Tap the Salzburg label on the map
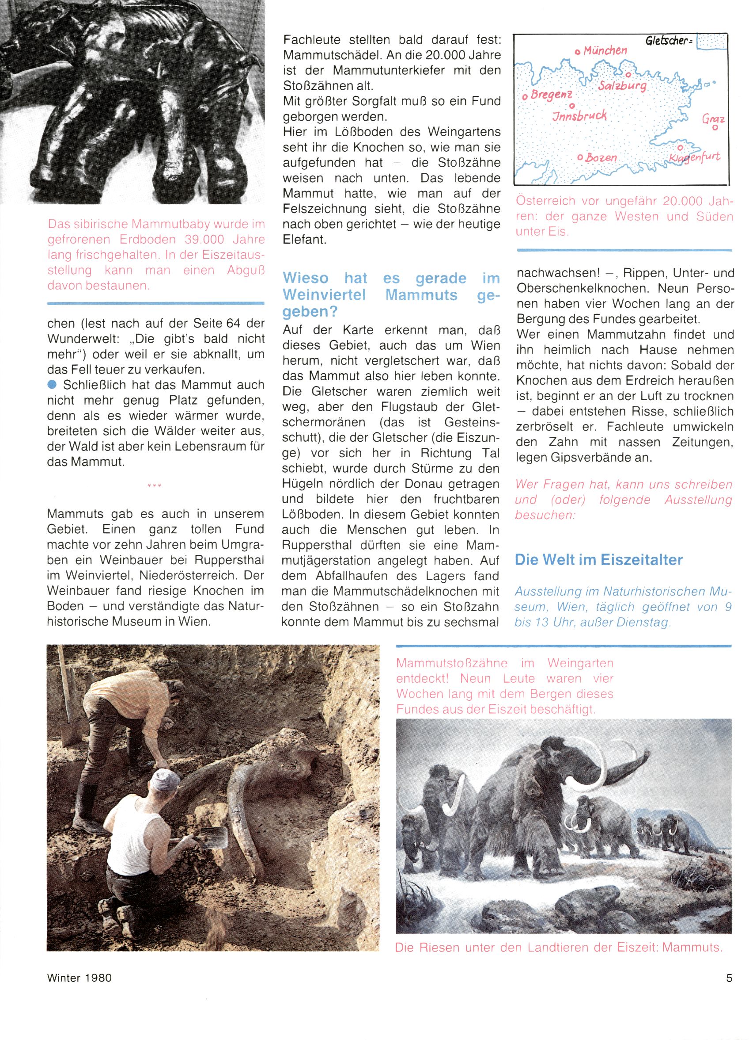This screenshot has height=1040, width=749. click(x=622, y=86)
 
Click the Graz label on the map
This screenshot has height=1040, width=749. click(x=713, y=120)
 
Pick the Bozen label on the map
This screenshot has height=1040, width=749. click(x=601, y=158)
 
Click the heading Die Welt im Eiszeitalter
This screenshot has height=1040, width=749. click(x=598, y=559)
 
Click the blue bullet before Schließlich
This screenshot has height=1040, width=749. click(x=52, y=384)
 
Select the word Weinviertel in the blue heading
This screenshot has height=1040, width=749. click(x=324, y=295)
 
